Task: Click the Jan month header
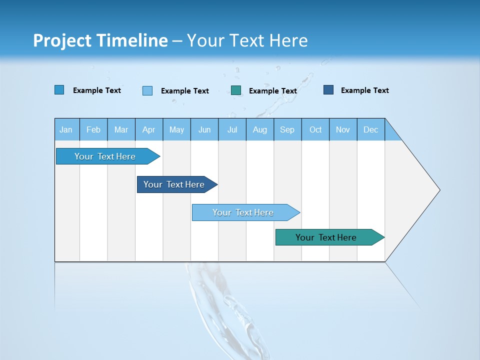pos(66,129)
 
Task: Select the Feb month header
pos(93,129)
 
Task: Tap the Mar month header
pos(121,129)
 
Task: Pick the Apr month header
pos(149,129)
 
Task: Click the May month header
pos(176,129)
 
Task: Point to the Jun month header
pos(204,129)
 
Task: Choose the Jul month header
pos(232,129)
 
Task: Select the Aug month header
pos(260,129)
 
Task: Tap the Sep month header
pos(287,129)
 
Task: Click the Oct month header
pos(315,129)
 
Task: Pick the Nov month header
pos(343,129)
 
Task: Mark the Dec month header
pos(371,129)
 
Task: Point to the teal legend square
pos(236,90)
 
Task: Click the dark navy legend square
pos(328,90)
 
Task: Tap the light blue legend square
pos(147,90)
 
